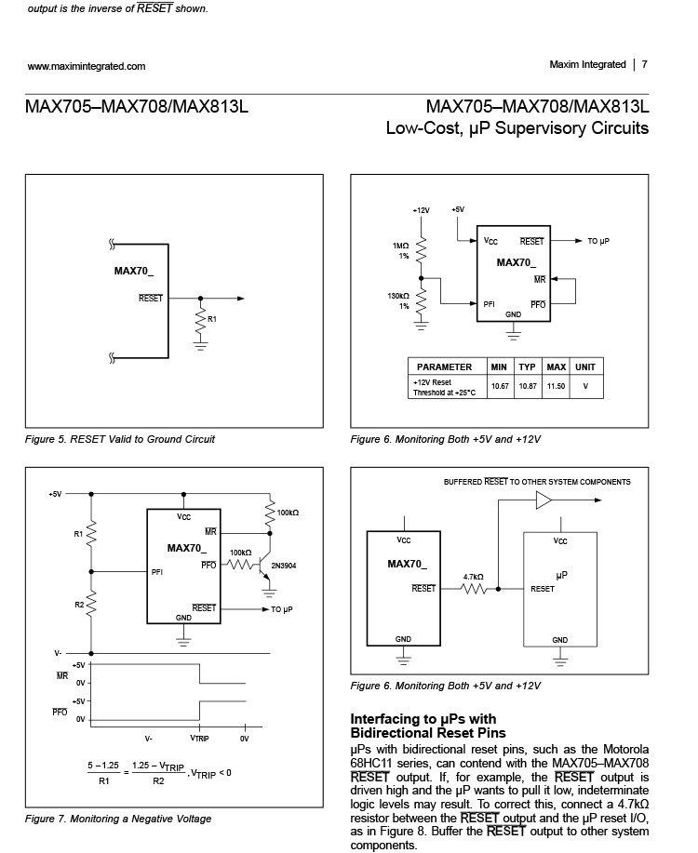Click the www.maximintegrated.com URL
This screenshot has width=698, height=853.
pos(87,66)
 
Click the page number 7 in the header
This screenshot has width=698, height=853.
pos(644,65)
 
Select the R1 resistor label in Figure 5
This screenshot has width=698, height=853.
pos(211,320)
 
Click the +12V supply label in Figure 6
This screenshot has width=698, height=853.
pos(421,210)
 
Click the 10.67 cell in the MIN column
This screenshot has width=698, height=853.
pos(500,386)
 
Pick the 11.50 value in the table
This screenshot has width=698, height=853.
pos(556,386)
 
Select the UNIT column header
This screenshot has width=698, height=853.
pos(585,367)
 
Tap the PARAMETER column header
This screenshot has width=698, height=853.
pos(445,367)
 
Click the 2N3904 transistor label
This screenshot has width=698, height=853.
pos(284,565)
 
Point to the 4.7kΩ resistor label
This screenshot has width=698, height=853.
pos(474,577)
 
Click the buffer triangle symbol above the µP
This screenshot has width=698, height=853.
pos(544,501)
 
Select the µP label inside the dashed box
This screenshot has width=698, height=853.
pos(561,576)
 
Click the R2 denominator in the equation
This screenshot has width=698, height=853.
pos(158,780)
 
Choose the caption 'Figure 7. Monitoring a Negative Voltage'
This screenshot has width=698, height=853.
pos(118,819)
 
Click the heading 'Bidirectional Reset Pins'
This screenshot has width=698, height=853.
pos(420,734)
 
